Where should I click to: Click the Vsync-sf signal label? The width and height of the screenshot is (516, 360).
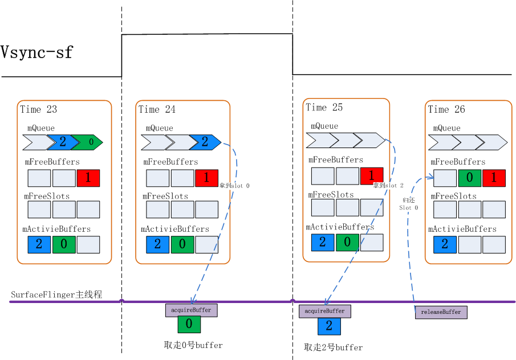(x=37, y=52)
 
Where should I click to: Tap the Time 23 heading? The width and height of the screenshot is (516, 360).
(x=39, y=109)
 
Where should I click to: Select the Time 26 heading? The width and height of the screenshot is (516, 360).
(x=446, y=109)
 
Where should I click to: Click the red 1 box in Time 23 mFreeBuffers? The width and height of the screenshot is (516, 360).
(x=88, y=178)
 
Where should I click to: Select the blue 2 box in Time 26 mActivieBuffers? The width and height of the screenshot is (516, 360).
(x=445, y=244)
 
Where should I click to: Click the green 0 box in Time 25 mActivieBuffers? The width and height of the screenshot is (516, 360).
(x=347, y=242)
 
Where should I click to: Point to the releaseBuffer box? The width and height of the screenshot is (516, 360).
(x=441, y=312)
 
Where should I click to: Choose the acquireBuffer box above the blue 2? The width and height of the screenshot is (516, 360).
(x=325, y=311)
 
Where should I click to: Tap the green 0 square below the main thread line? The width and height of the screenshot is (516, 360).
(x=189, y=325)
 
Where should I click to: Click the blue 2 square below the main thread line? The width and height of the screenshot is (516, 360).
(x=329, y=326)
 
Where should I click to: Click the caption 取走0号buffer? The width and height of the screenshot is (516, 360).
(x=193, y=345)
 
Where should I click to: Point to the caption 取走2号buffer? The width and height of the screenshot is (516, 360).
(x=333, y=347)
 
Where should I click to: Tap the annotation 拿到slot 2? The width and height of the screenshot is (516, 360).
(x=388, y=186)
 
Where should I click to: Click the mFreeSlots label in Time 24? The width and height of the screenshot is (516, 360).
(x=165, y=197)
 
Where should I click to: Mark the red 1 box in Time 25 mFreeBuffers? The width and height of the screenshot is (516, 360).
(x=371, y=176)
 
